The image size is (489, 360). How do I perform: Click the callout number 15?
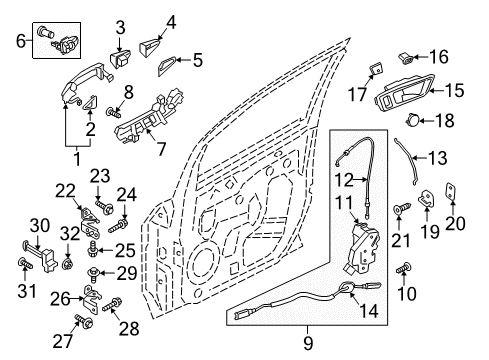454,91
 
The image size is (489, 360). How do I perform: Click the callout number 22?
66,191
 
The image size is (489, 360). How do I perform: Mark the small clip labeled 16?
408,55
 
